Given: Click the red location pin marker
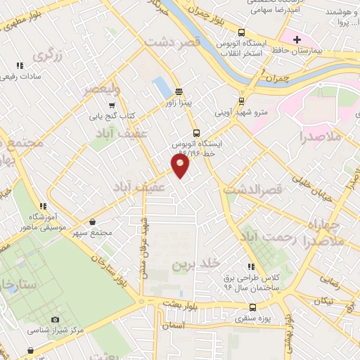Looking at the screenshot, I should coord(181,165).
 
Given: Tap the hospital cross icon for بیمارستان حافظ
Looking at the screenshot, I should coord(297,39).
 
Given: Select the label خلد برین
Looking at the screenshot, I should coord(192,264).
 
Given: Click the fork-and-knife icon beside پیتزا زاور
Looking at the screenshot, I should coord(179,91).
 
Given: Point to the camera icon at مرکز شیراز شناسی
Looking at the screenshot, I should coord(56,320).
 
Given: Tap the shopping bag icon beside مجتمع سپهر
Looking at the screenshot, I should coord(93,222).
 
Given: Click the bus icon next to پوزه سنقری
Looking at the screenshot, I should coord(253,307).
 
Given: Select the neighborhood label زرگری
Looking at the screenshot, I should coord(47,56).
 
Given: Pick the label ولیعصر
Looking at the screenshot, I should coord(101,89).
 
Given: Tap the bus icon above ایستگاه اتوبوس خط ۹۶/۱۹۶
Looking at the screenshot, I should coord(195,132).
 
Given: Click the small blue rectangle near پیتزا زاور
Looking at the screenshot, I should coord(161,87).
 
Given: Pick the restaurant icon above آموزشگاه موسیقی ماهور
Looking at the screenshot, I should coord(43,206).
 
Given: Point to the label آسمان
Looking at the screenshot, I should coord(171,326).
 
